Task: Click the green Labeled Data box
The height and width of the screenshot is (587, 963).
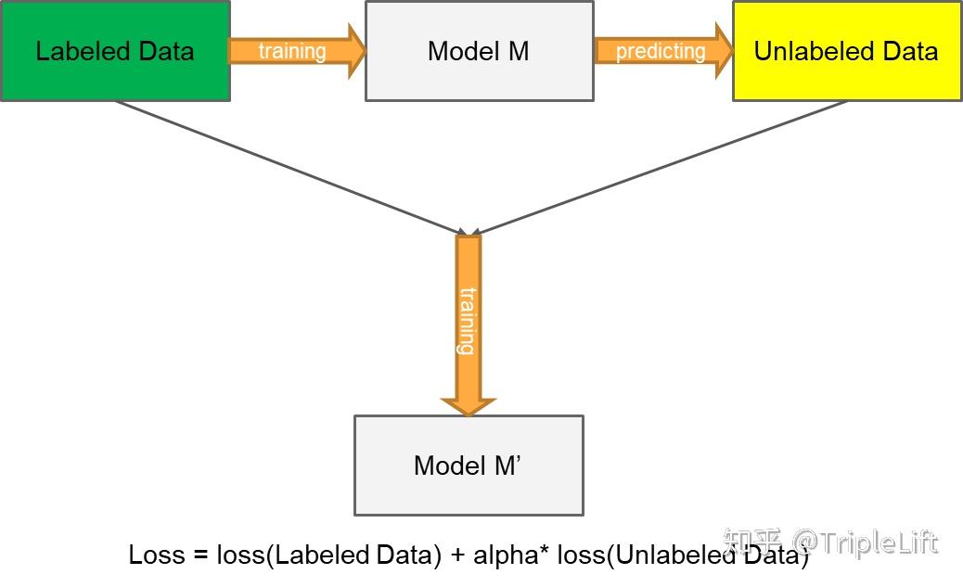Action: pyautogui.click(x=114, y=50)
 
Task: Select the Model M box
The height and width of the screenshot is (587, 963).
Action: pyautogui.click(x=479, y=50)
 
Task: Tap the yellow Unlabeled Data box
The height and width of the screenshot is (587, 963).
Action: pyautogui.click(x=846, y=50)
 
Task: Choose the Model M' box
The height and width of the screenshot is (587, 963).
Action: pyautogui.click(x=469, y=465)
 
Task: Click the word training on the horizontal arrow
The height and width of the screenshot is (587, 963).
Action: pyautogui.click(x=292, y=51)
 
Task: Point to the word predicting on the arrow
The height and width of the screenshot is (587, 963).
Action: pyautogui.click(x=661, y=51)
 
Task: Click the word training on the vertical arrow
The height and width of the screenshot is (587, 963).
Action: pyautogui.click(x=468, y=321)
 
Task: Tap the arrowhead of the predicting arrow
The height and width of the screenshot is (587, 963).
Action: pyautogui.click(x=722, y=51)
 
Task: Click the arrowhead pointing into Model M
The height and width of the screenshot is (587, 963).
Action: pyautogui.click(x=355, y=51)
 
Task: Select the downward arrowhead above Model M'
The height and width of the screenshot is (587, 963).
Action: pyautogui.click(x=469, y=406)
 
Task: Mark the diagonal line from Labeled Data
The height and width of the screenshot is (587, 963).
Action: pyautogui.click(x=288, y=167)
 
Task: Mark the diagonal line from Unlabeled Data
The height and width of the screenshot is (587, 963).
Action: pyautogui.click(x=659, y=167)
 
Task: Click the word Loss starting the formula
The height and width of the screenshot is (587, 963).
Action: pyautogui.click(x=157, y=555)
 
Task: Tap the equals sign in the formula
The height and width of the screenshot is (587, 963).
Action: pyautogui.click(x=200, y=555)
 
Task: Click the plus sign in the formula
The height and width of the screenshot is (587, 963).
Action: pyautogui.click(x=457, y=555)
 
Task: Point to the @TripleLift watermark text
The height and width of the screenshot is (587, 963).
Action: pyautogui.click(x=865, y=542)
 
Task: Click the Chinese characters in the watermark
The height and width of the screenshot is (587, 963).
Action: pyautogui.click(x=752, y=542)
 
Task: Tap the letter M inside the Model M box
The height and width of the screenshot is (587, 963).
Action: pyautogui.click(x=518, y=51)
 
